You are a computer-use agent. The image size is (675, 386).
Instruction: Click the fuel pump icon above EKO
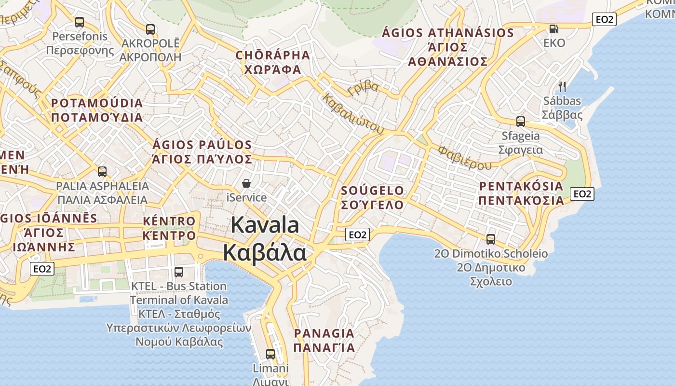[553, 29]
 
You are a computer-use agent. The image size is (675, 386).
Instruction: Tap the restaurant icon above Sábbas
[562, 87]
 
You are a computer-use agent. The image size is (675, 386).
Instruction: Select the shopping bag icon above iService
[246, 183]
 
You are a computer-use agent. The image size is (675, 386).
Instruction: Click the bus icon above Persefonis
[80, 22]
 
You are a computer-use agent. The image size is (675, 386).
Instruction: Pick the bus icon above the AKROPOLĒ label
[150, 29]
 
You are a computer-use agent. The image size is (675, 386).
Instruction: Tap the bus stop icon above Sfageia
[521, 121]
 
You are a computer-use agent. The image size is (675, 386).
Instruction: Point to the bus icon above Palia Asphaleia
[102, 171]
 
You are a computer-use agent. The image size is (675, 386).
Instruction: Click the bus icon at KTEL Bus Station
[179, 272]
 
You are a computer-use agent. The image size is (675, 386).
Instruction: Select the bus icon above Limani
[270, 354]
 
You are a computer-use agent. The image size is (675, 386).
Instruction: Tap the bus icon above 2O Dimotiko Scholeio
[491, 239]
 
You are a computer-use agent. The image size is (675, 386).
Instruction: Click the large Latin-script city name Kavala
[265, 225]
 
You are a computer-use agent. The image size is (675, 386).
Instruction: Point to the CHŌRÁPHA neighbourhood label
[273, 55]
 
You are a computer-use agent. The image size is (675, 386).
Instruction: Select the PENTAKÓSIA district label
[521, 186]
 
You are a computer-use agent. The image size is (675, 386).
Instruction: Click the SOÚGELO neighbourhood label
[372, 191]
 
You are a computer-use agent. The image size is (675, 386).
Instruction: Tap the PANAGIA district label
[324, 333]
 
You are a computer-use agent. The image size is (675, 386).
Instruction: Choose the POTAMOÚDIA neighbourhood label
[97, 103]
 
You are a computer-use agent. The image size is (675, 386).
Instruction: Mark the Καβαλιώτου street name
[353, 113]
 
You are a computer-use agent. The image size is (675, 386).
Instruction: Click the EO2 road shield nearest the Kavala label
[357, 234]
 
